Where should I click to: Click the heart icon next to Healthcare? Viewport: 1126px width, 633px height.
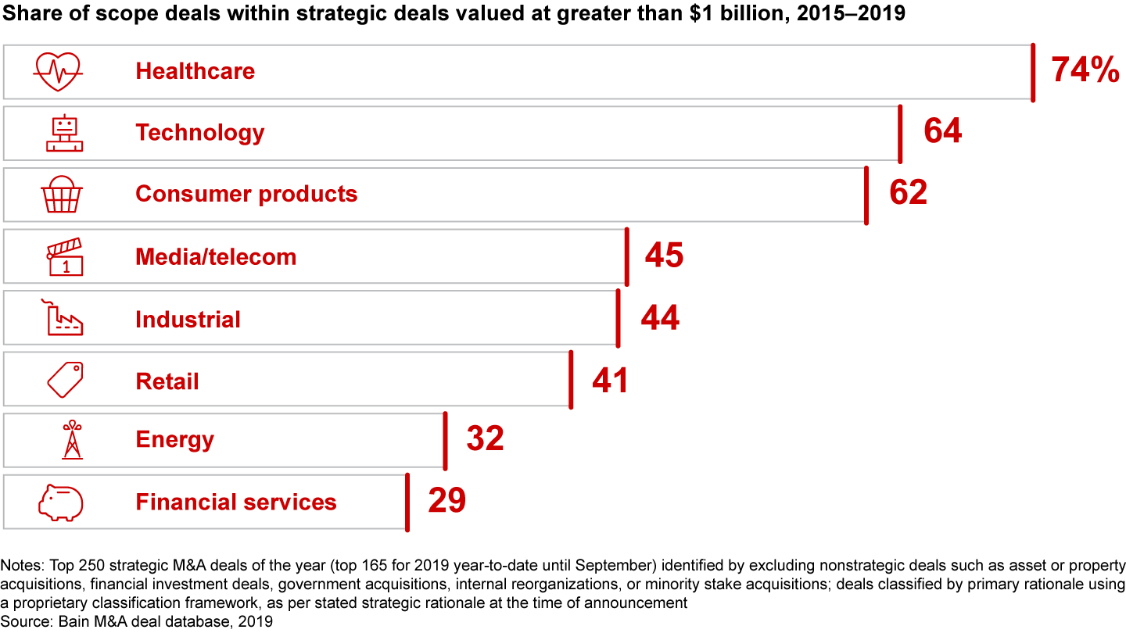[58, 71]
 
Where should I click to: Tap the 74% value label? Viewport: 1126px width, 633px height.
[1085, 70]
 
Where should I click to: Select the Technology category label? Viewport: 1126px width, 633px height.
[199, 133]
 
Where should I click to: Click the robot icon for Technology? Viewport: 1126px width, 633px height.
[64, 133]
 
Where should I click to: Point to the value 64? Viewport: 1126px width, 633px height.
[942, 131]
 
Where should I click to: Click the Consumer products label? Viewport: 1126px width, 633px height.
[246, 194]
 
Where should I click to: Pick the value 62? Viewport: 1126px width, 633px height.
[908, 193]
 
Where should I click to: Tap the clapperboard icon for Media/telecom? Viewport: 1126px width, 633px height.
[64, 257]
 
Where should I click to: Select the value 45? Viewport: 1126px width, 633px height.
[664, 256]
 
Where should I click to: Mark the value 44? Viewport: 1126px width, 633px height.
[660, 318]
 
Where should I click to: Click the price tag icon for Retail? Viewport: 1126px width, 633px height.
[65, 381]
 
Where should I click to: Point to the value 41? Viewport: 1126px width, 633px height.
[610, 381]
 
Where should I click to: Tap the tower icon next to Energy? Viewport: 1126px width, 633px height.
[72, 439]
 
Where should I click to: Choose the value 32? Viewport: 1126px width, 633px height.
[485, 439]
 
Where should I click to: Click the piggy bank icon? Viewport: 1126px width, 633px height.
[61, 502]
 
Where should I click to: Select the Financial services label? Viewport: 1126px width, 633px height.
[235, 502]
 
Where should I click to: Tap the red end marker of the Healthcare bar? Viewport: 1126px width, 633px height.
[1033, 72]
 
